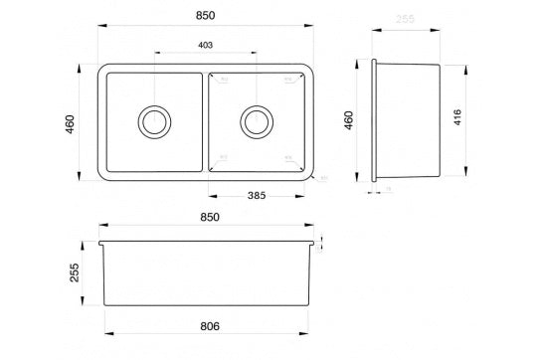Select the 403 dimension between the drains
(206, 46)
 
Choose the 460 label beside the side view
(348, 121)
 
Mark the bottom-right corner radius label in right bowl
(287, 157)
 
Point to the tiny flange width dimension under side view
(387, 189)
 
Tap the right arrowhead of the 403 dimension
(255, 53)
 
